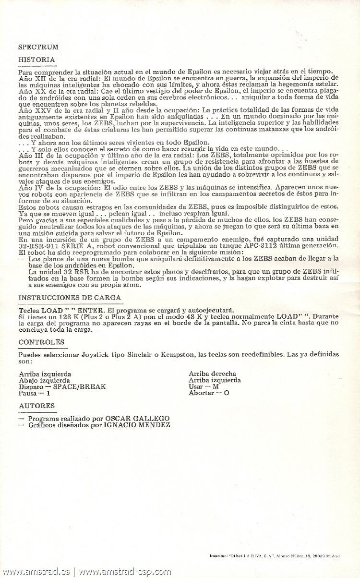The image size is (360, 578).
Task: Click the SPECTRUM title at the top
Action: click(38, 47)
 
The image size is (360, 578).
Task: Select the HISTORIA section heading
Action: click(36, 60)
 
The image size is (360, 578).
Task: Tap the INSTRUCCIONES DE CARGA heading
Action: click(70, 298)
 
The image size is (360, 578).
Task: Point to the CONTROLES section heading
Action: click(41, 342)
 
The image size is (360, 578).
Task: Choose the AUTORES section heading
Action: click(37, 406)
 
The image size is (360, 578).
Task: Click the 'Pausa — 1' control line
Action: click(34, 393)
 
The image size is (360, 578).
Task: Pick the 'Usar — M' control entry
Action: click(204, 386)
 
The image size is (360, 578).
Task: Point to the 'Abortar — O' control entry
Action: click(209, 393)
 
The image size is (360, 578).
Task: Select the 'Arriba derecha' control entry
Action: click(212, 373)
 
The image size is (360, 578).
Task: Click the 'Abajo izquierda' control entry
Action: click(44, 380)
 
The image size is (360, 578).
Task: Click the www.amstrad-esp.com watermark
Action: click(125, 572)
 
